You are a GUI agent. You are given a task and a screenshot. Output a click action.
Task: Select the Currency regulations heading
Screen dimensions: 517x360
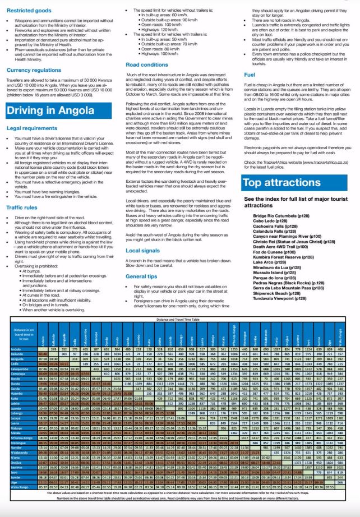click(x=35, y=70)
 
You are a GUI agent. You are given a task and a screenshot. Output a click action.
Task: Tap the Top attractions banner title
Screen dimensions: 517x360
click(x=280, y=182)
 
